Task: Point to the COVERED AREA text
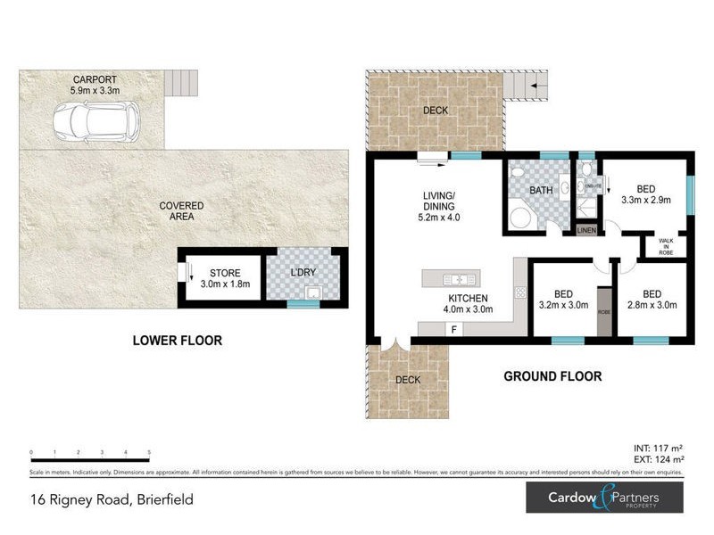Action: point(181,211)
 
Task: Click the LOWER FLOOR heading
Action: point(177,341)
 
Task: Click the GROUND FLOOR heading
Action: point(552,376)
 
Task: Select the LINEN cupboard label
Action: point(585,231)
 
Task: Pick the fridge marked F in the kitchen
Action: point(453,330)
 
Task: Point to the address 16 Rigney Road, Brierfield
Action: point(111,500)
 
